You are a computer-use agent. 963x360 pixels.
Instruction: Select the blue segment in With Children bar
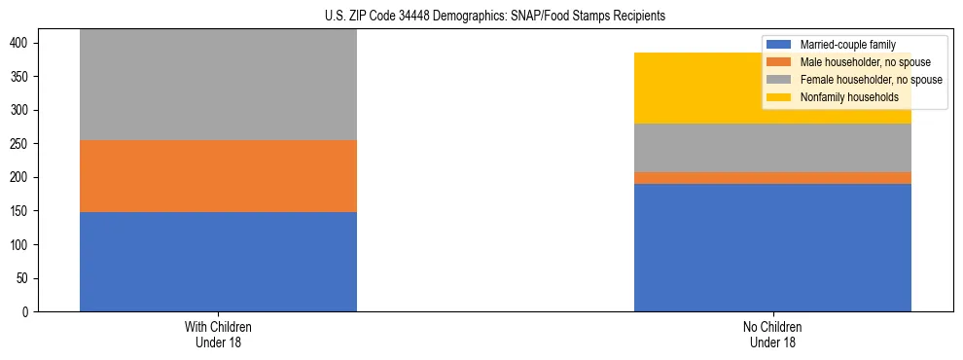pyautogui.click(x=218, y=262)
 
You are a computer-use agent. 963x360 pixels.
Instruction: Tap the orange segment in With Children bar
pyautogui.click(x=218, y=176)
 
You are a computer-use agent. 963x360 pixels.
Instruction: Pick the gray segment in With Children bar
pyautogui.click(x=218, y=85)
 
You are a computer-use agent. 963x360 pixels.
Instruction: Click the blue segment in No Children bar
pyautogui.click(x=772, y=247)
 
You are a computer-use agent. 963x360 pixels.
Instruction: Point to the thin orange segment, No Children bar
pyautogui.click(x=772, y=178)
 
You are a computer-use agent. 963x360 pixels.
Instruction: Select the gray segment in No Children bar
pyautogui.click(x=772, y=148)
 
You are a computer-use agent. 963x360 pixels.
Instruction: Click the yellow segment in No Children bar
pyautogui.click(x=772, y=88)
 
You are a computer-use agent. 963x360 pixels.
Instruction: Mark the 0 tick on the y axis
pyautogui.click(x=29, y=312)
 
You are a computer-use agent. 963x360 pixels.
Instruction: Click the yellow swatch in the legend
pyautogui.click(x=779, y=97)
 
